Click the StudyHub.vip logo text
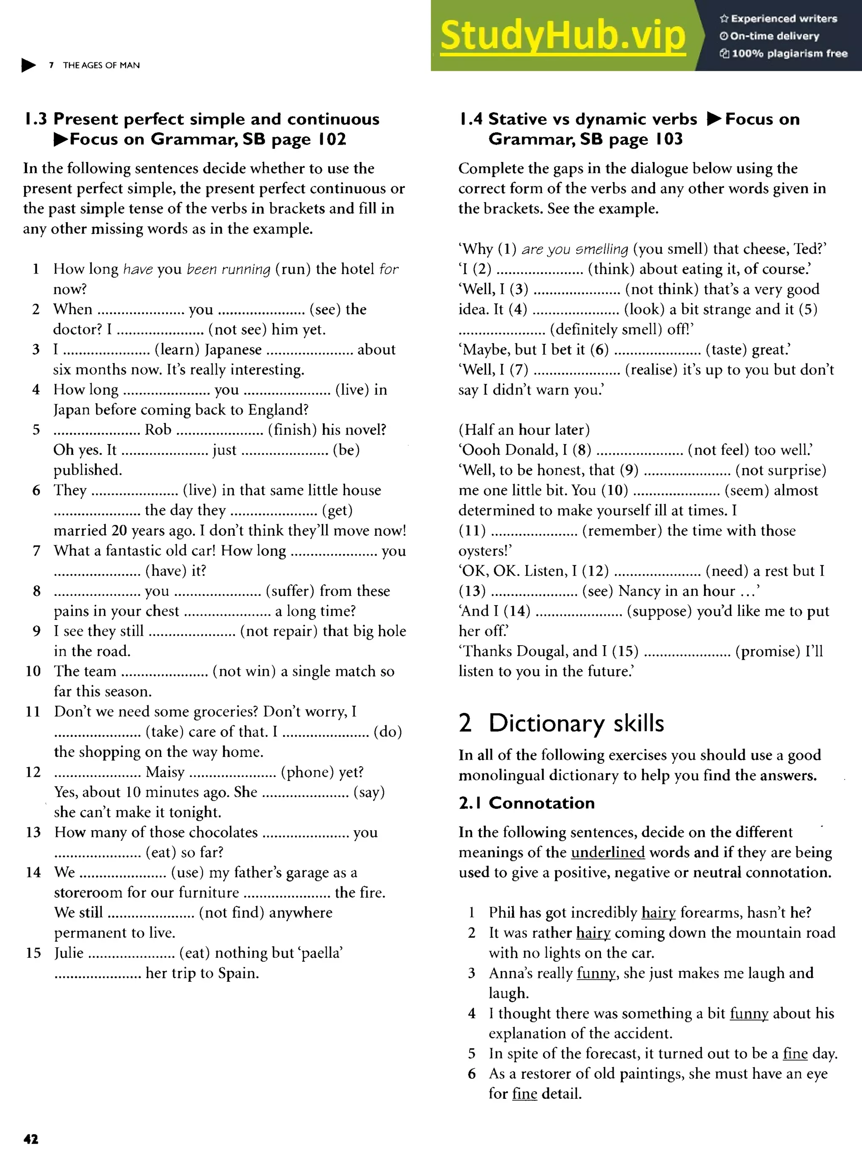(x=562, y=35)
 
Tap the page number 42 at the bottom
(x=31, y=1139)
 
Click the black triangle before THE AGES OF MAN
(x=28, y=65)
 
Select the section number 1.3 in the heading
(x=35, y=120)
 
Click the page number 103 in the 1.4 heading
(x=669, y=139)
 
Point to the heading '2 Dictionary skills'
(x=561, y=723)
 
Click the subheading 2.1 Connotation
(x=527, y=803)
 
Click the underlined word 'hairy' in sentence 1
(x=659, y=912)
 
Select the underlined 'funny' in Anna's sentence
(x=596, y=973)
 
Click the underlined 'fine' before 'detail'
(x=524, y=1093)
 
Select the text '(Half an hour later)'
(x=524, y=430)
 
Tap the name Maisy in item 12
(x=165, y=772)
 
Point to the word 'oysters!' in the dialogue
(x=485, y=551)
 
